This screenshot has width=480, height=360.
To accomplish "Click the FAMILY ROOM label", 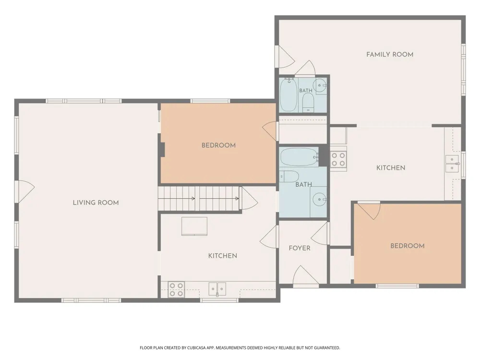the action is [390, 55].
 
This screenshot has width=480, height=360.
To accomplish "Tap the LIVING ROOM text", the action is [96, 203].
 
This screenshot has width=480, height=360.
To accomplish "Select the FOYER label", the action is [300, 248].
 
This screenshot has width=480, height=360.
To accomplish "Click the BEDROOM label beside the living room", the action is [218, 145].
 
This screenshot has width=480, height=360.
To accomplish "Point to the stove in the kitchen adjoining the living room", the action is [176, 289].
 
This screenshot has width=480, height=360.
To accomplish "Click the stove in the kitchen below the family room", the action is [338, 159].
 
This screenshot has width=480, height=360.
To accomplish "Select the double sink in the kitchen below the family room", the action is [452, 164].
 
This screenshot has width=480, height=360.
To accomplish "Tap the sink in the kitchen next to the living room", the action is [217, 289].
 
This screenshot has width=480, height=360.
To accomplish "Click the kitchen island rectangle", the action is [194, 226].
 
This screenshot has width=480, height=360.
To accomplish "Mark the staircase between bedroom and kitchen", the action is [200, 198].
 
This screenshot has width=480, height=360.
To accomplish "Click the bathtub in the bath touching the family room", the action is [288, 95].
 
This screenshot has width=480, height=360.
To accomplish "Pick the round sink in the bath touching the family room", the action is [320, 85].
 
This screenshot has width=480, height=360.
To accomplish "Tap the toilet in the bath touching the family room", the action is [308, 103].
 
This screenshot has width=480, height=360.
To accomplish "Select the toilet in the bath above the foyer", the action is [289, 176].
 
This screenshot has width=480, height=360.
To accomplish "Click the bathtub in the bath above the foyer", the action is [300, 157].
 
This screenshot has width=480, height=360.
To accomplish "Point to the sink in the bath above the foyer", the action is [319, 200].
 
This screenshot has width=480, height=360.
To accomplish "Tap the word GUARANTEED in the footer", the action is [328, 348].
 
